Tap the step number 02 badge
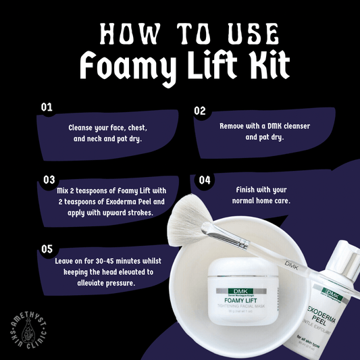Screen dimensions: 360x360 pos(200,110)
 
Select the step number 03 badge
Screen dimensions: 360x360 pos(49,180)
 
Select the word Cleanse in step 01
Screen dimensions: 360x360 pos(82,127)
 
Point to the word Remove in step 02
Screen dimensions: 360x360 pos(234,126)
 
